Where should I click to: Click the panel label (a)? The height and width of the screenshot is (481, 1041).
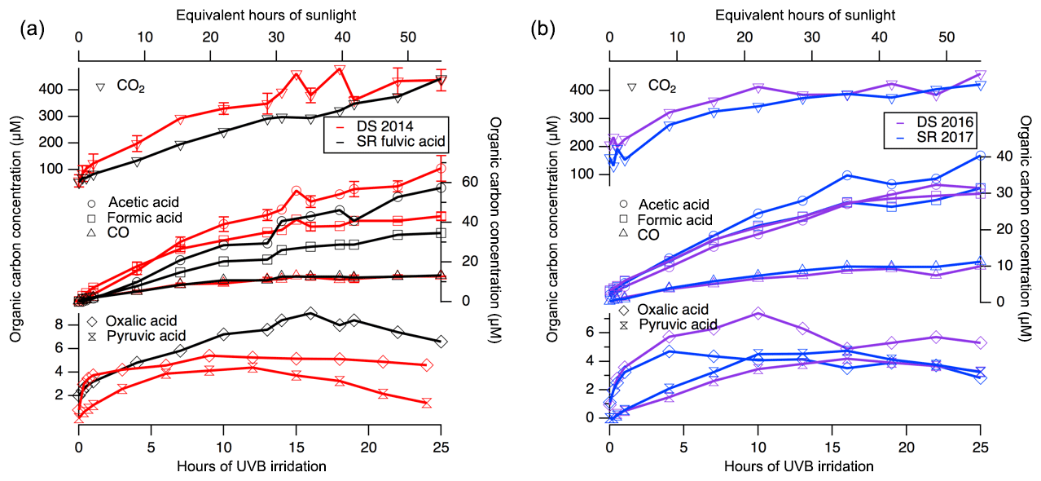(x=32, y=30)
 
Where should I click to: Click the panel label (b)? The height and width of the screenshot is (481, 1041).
(x=542, y=30)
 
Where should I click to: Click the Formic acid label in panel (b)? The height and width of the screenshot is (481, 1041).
(x=676, y=219)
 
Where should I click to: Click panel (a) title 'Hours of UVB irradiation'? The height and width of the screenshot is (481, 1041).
(x=260, y=466)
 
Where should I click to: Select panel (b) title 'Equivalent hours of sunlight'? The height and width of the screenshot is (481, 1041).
(x=794, y=15)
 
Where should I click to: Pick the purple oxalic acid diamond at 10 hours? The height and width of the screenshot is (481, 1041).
(x=758, y=314)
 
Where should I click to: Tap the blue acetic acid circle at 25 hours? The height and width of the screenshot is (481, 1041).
(x=981, y=156)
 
